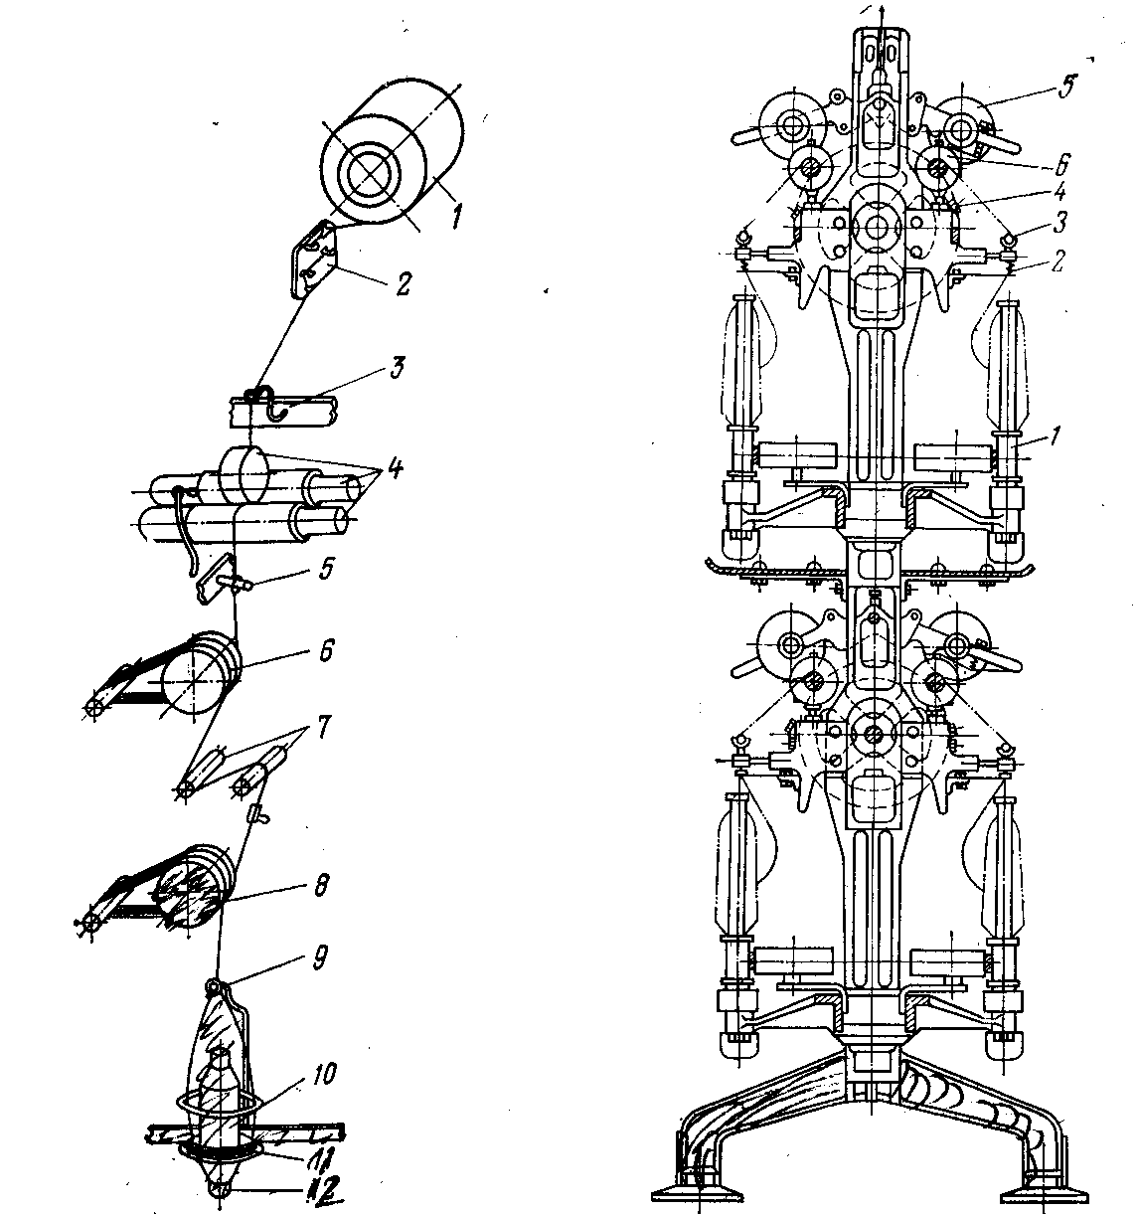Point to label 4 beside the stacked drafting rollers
click(395, 465)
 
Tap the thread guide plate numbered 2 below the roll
click(310, 260)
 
